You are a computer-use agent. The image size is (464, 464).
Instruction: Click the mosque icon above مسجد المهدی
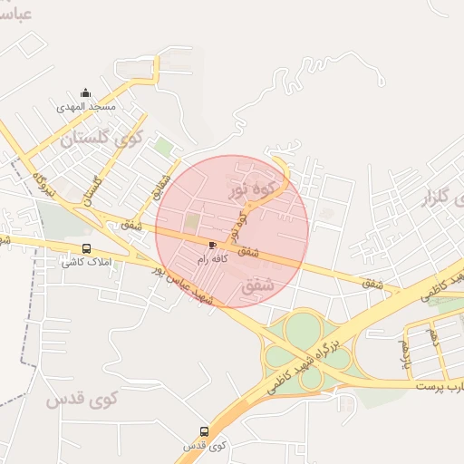point(86,92)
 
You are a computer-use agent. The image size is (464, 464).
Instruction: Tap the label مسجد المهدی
point(86,107)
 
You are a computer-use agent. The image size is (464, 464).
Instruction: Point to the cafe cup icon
point(212,245)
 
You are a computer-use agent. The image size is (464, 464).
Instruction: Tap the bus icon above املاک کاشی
point(86,248)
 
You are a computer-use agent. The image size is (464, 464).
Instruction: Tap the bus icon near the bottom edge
point(203,432)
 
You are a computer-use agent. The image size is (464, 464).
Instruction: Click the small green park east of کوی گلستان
point(163,145)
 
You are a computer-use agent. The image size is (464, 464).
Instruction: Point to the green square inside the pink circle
point(192,221)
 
